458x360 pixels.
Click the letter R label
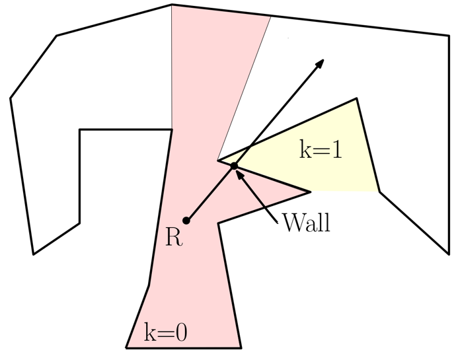pyautogui.click(x=173, y=237)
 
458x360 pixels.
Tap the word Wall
pyautogui.click(x=306, y=223)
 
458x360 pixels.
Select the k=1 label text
pyautogui.click(x=321, y=150)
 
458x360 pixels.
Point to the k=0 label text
pyautogui.click(x=165, y=332)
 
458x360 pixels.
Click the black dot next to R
pyautogui.click(x=186, y=221)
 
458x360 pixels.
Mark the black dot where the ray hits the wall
pyautogui.click(x=234, y=165)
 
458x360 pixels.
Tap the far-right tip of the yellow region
pyautogui.click(x=379, y=192)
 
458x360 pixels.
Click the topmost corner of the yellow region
pyautogui.click(x=357, y=99)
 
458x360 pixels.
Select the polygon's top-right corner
pyautogui.click(x=449, y=36)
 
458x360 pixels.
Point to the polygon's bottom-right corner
pyautogui.click(x=449, y=253)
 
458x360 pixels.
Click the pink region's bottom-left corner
pyautogui.click(x=126, y=347)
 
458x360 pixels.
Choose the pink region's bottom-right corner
pyautogui.click(x=241, y=347)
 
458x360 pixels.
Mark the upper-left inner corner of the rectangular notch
pyautogui.click(x=80, y=129)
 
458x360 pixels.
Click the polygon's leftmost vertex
pyautogui.click(x=10, y=99)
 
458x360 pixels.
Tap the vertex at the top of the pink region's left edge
pyautogui.click(x=171, y=5)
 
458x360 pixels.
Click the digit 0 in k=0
pyautogui.click(x=180, y=332)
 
